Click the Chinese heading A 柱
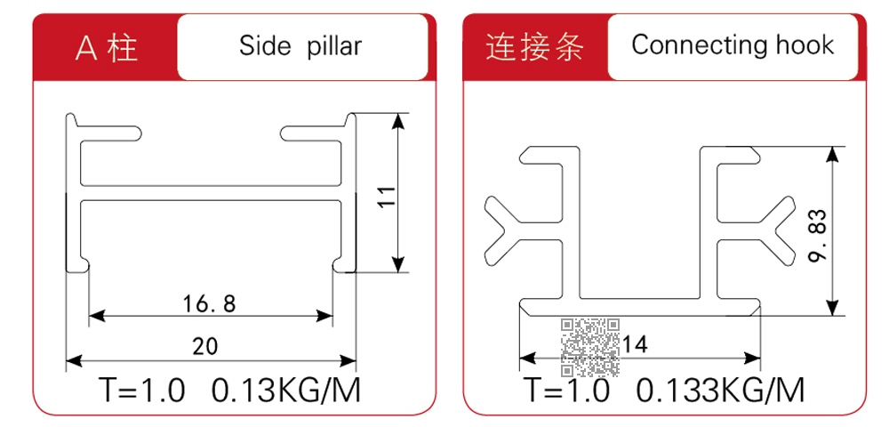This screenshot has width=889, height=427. pyautogui.click(x=108, y=48)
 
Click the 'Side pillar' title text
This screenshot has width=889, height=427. pyautogui.click(x=300, y=46)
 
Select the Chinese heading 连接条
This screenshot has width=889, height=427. pyautogui.click(x=534, y=46)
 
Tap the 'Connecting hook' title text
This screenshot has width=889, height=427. pyautogui.click(x=733, y=44)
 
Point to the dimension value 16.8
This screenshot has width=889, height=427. pyautogui.click(x=209, y=304)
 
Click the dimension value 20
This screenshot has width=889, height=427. pyautogui.click(x=205, y=345)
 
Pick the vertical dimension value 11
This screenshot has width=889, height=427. pyautogui.click(x=388, y=197)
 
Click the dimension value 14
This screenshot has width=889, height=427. pyautogui.click(x=635, y=344)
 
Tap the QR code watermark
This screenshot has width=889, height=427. pyautogui.click(x=590, y=348)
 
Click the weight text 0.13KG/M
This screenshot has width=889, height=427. pyautogui.click(x=285, y=391)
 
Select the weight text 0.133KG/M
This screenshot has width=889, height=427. pyautogui.click(x=720, y=391)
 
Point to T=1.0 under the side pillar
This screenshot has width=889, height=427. pyautogui.click(x=142, y=391)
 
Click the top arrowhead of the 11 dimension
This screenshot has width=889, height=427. pyautogui.click(x=398, y=121)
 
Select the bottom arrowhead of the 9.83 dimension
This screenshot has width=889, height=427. pyautogui.click(x=832, y=307)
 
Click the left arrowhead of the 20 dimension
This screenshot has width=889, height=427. pyautogui.click(x=75, y=360)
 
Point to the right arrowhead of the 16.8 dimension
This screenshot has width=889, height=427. pyautogui.click(x=324, y=316)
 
